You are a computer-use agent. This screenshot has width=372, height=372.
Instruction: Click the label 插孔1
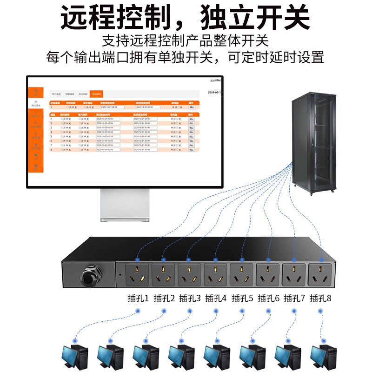pyautogui.click(x=138, y=298)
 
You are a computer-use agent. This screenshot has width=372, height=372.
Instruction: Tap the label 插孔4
pyautogui.click(x=216, y=298)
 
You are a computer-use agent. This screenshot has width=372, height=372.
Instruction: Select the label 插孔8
pyautogui.click(x=321, y=298)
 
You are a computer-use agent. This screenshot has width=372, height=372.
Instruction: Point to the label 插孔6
pyautogui.click(x=268, y=298)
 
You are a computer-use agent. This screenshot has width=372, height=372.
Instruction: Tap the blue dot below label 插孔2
pyautogui.click(x=164, y=311)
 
